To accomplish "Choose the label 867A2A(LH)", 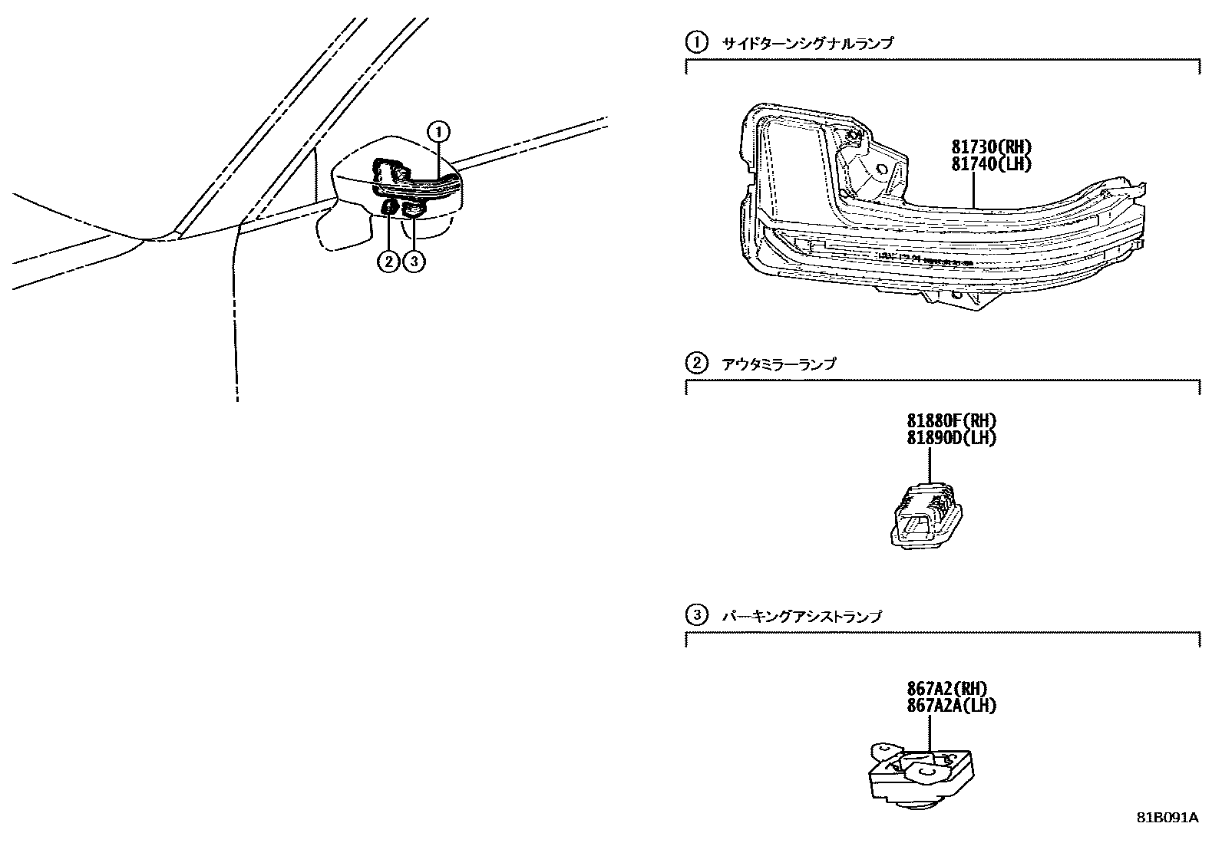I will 951,706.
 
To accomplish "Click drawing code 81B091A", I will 1168,818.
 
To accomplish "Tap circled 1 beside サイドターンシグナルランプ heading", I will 696,43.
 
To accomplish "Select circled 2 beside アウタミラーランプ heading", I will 696,363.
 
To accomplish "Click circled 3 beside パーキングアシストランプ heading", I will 696,614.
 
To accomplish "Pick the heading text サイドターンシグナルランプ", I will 808,44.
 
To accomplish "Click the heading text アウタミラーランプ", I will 779,364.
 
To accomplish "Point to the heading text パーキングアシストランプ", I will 802,615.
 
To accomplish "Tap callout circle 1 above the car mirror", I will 438,132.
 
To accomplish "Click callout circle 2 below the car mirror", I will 388,262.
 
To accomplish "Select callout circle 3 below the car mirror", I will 414,262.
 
